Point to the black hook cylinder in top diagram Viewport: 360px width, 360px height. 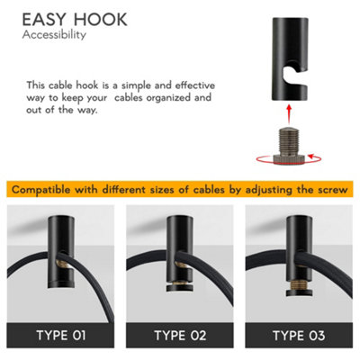286,63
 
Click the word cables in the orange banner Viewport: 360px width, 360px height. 206,189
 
